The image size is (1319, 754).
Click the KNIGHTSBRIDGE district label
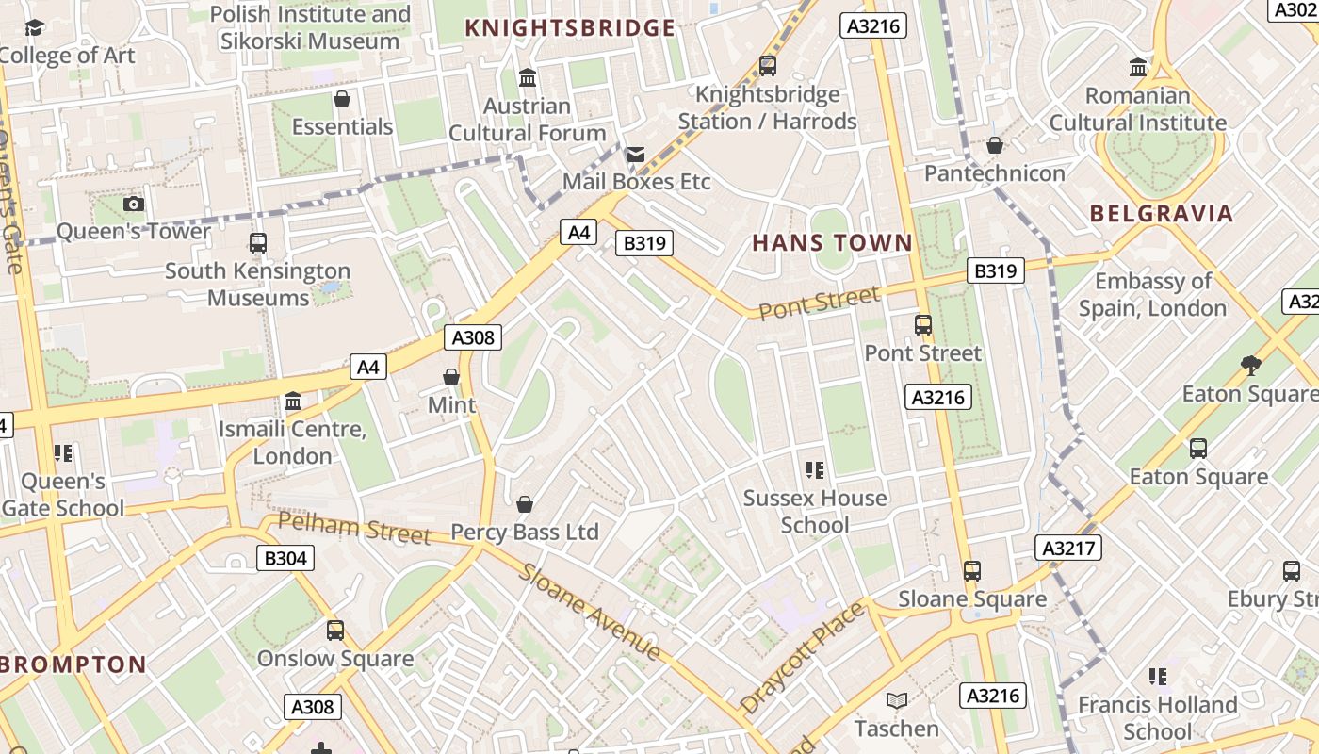click(x=570, y=28)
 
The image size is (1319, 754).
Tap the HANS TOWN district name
click(x=832, y=243)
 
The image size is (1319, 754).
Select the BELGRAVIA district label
click(x=1161, y=213)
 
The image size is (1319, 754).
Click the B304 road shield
click(x=285, y=558)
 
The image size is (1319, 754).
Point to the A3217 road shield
click(x=1067, y=548)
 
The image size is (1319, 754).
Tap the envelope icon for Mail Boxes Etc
click(x=636, y=154)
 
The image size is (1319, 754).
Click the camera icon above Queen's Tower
click(x=134, y=204)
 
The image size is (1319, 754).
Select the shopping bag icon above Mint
click(x=451, y=377)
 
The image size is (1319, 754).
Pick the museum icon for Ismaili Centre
click(x=292, y=402)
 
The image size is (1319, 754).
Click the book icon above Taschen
click(x=896, y=701)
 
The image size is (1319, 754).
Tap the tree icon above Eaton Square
click(x=1250, y=365)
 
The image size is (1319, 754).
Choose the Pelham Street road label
click(x=354, y=528)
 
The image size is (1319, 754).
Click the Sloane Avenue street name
click(x=590, y=612)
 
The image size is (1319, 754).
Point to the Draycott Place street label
click(x=802, y=657)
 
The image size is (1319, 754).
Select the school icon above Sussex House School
click(x=815, y=470)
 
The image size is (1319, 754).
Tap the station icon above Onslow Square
click(x=334, y=631)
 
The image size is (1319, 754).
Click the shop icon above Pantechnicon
click(x=994, y=145)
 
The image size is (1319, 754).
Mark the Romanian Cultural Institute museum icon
click(x=1138, y=68)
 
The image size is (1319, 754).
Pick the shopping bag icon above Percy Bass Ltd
click(x=525, y=504)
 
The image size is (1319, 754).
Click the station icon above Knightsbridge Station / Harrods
click(x=767, y=66)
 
